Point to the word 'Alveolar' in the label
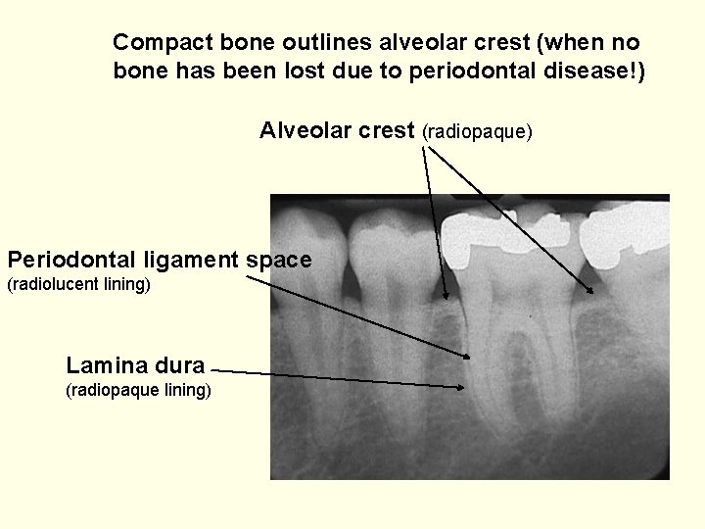click(301, 130)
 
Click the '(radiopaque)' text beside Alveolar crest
click(477, 131)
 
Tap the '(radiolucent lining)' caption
click(78, 286)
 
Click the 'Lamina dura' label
click(135, 366)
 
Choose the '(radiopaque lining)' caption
click(136, 392)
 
